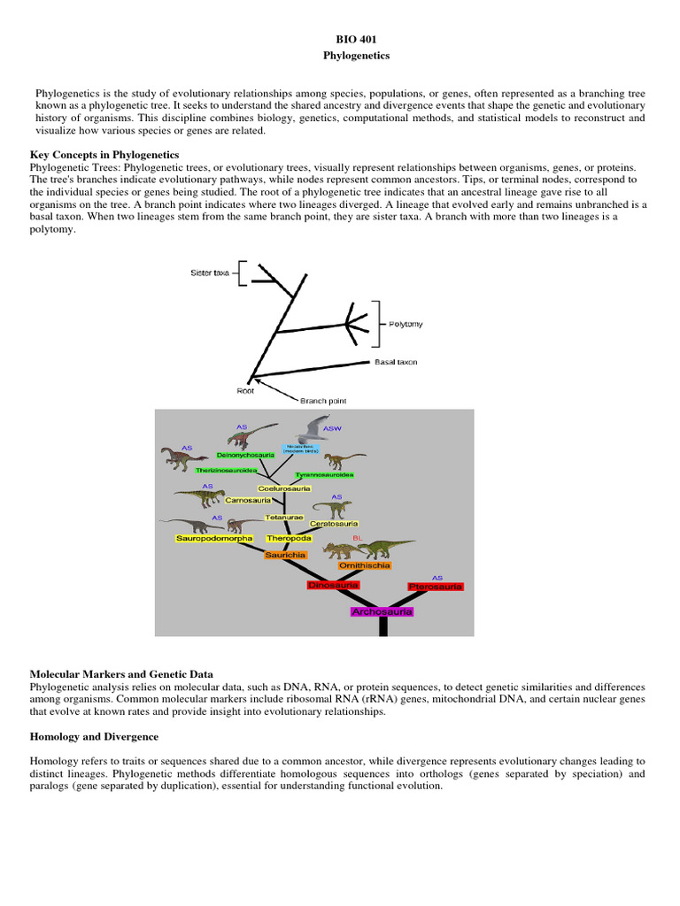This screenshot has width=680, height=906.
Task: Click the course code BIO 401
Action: point(339,40)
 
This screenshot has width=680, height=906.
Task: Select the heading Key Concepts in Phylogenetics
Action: point(104,155)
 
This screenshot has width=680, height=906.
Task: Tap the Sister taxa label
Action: point(210,273)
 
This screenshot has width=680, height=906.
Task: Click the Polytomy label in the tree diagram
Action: point(406,324)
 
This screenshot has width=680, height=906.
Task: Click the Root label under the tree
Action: point(245,390)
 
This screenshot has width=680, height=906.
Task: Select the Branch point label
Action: point(323,400)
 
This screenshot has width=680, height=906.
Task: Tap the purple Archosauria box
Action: point(382,611)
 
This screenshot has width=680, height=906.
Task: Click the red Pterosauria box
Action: point(436,587)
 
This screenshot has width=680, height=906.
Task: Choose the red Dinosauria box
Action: point(333,585)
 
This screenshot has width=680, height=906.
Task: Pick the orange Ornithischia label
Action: point(364,565)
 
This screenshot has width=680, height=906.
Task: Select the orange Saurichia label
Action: point(285,555)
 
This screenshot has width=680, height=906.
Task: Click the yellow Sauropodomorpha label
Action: point(214,538)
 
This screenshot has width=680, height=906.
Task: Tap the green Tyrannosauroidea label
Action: point(325,475)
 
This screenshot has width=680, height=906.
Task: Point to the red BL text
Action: point(358,537)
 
